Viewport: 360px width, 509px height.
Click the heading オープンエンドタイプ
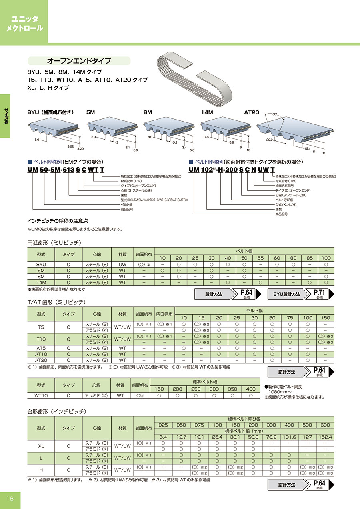click(x=79, y=61)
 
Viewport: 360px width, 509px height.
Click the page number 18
click(x=10, y=498)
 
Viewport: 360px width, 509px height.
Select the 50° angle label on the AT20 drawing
click(x=275, y=115)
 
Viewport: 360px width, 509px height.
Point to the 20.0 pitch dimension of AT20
click(x=269, y=140)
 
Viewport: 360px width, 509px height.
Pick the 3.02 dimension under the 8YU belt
click(x=70, y=147)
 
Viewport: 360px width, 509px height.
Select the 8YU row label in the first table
click(x=41, y=264)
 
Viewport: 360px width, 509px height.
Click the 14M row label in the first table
click(x=41, y=282)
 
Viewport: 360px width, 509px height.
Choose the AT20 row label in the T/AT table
click(x=41, y=360)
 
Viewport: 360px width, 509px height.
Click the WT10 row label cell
click(x=41, y=395)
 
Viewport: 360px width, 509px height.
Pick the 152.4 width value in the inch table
click(x=326, y=437)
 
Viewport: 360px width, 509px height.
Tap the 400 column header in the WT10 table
click(x=251, y=389)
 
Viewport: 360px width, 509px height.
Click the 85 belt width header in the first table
click(x=310, y=258)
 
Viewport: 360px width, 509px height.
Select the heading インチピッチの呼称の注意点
click(x=58, y=221)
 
